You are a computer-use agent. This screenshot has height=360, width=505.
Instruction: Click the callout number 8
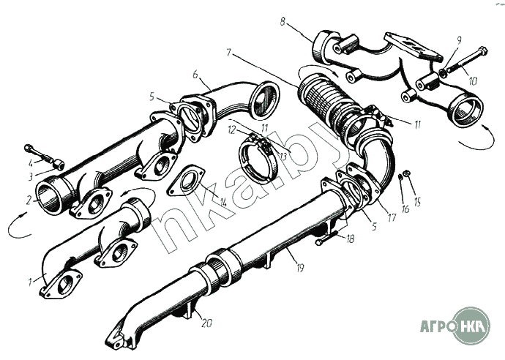[x=283, y=23]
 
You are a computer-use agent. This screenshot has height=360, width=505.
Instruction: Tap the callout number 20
[x=206, y=323]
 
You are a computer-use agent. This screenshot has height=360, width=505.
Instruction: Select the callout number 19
[x=300, y=268]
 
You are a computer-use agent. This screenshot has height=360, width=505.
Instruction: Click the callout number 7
[x=229, y=52]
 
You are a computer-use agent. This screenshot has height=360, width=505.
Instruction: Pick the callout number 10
[x=473, y=81]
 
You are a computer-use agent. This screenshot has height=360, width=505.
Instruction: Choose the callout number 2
[x=29, y=201]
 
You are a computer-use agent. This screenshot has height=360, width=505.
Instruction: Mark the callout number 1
[x=30, y=282]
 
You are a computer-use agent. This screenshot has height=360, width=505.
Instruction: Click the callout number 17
[x=392, y=218]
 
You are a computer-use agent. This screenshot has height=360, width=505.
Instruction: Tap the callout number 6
[x=195, y=75]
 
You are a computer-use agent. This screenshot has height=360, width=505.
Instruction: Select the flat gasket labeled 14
[x=186, y=181]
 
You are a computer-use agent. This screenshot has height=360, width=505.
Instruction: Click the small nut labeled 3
[x=59, y=165]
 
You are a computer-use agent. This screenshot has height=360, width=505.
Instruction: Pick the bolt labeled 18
[x=326, y=239]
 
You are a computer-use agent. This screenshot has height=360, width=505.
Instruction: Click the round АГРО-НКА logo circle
[x=471, y=325]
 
